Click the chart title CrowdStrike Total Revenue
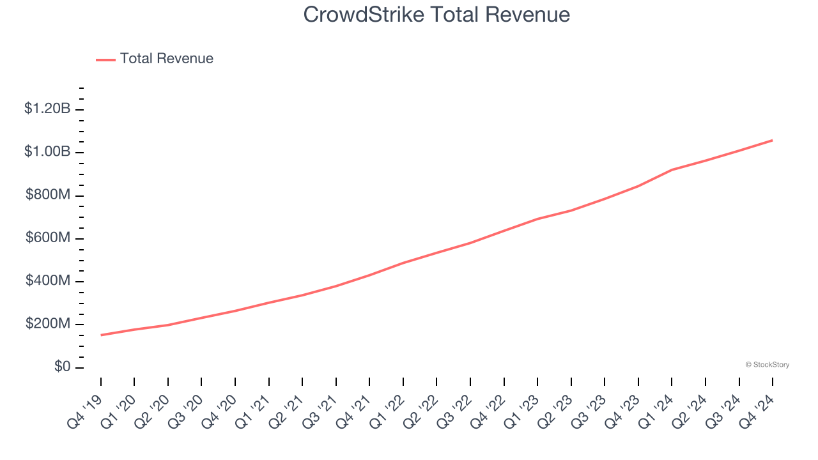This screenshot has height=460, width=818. click(x=436, y=14)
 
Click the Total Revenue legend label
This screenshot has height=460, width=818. click(x=166, y=59)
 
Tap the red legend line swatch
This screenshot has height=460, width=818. click(x=105, y=59)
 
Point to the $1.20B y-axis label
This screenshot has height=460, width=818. click(x=47, y=109)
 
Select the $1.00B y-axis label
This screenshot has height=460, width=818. click(x=47, y=152)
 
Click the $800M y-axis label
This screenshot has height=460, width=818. click(x=48, y=195)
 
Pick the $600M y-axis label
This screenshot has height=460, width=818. click(x=48, y=238)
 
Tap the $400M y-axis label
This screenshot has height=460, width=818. click(x=48, y=281)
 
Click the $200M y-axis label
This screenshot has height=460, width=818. click(x=48, y=324)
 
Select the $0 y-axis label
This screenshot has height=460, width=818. click(x=62, y=367)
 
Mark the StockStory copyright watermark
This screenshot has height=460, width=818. click(x=767, y=365)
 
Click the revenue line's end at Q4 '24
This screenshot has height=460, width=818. click(x=772, y=140)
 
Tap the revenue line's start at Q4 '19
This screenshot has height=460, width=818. click(x=101, y=335)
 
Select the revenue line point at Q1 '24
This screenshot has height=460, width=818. click(x=672, y=170)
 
